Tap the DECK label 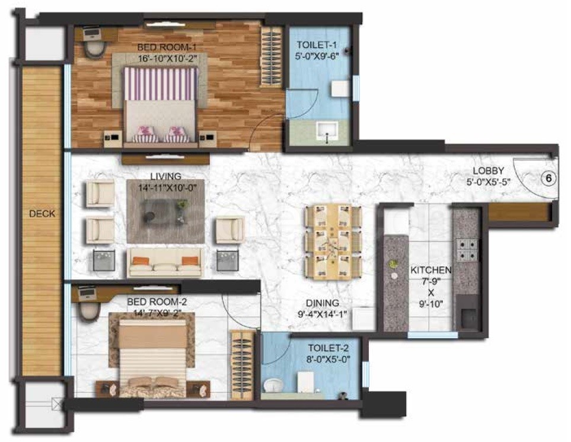(42, 214)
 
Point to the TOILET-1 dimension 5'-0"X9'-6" (318, 56)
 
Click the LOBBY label (489, 170)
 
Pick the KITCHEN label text (431, 271)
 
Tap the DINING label (323, 303)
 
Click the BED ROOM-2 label (157, 302)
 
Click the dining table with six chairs (333, 242)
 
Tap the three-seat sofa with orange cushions (165, 262)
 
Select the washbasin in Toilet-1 (327, 131)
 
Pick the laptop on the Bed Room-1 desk (92, 34)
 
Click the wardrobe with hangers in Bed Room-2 (242, 365)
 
